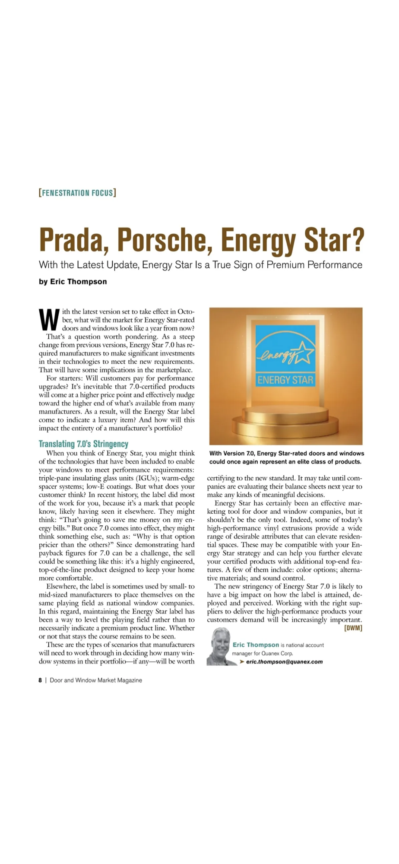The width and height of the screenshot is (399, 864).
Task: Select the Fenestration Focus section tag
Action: (77, 193)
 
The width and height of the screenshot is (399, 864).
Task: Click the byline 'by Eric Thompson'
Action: (73, 282)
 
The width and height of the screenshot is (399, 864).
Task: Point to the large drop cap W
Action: (49, 319)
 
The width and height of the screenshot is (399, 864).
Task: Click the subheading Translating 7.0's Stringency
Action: (83, 444)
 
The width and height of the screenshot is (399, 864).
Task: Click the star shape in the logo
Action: (302, 352)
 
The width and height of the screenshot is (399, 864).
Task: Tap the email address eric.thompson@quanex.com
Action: (284, 661)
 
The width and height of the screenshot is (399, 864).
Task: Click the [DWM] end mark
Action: (353, 628)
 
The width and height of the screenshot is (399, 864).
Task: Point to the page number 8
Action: (40, 680)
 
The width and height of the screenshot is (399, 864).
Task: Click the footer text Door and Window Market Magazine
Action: (96, 680)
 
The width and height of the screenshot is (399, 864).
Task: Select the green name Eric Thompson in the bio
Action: (256, 645)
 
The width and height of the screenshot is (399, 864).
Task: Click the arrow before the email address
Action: (242, 661)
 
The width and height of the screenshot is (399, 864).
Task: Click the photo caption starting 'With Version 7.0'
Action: (286, 457)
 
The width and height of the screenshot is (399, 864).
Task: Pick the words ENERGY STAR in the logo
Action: (285, 380)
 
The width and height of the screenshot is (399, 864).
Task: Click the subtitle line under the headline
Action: (200, 264)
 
